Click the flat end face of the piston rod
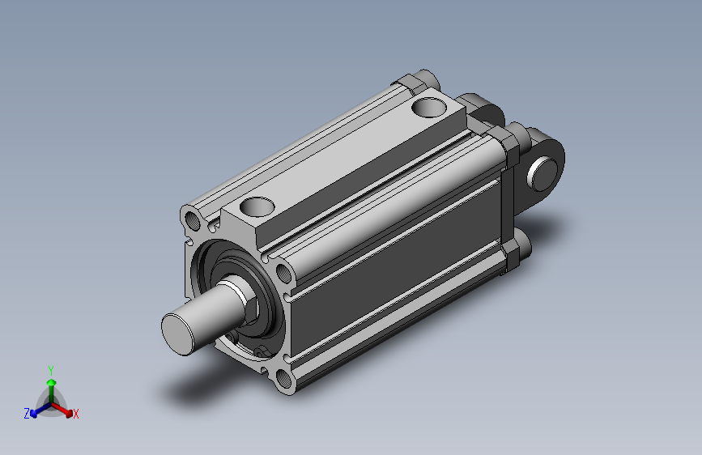pos(178,334)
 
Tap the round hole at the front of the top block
pos(257,207)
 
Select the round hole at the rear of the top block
pos(429,108)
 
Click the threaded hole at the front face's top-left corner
pos(194,220)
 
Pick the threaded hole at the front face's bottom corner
pos(284,377)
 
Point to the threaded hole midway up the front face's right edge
pos(284,273)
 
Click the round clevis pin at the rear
pos(542,174)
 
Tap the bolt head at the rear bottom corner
pos(521,247)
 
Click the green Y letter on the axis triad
pos(51,370)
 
